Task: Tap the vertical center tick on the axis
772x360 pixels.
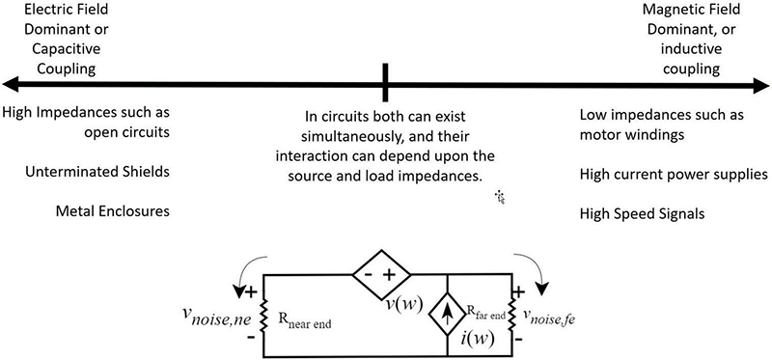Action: click(x=385, y=83)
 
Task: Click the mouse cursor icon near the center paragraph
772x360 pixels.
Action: click(x=500, y=197)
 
